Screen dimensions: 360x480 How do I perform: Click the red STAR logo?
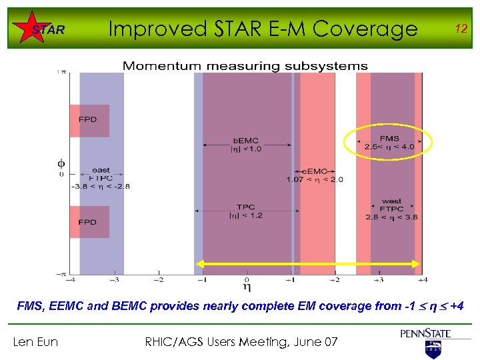[48, 29]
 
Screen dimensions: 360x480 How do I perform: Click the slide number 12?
[459, 28]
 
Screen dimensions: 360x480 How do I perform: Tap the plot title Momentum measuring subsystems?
[245, 66]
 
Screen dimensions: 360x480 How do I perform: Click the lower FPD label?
[87, 222]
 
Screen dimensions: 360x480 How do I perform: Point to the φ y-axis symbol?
[61, 163]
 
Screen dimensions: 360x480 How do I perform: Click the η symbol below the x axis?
[247, 287]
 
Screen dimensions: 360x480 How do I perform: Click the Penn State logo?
[426, 339]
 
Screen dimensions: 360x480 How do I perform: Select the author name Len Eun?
[36, 342]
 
